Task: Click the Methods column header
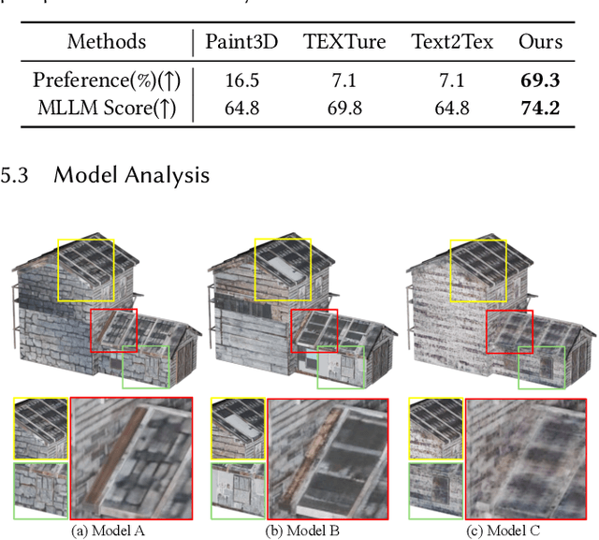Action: pos(106,41)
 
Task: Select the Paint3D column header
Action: pos(241,41)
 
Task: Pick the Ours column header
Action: pos(540,41)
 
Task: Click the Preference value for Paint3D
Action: pos(241,80)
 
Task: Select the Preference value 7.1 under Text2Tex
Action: pos(452,80)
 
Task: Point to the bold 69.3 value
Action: pos(540,80)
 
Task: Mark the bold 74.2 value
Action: pos(540,108)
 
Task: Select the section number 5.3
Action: pos(16,174)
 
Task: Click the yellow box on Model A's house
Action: pos(86,269)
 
